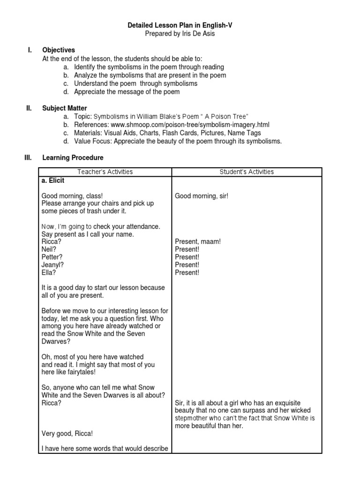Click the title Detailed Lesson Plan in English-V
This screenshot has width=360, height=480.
(x=180, y=26)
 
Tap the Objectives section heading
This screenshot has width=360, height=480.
(x=58, y=50)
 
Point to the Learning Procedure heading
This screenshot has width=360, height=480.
(x=73, y=158)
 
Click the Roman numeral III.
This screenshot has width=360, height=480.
(x=28, y=158)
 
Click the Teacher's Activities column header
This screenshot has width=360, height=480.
(x=106, y=172)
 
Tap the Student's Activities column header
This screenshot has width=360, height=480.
(x=247, y=172)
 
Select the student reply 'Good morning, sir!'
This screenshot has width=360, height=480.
(x=201, y=196)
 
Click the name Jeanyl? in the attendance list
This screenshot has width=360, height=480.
(x=52, y=265)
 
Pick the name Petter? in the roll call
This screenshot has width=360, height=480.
(x=52, y=257)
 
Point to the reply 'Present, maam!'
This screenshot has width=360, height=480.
(x=197, y=242)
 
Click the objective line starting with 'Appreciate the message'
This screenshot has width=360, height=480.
(x=127, y=91)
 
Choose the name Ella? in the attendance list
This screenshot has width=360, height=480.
(x=48, y=272)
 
